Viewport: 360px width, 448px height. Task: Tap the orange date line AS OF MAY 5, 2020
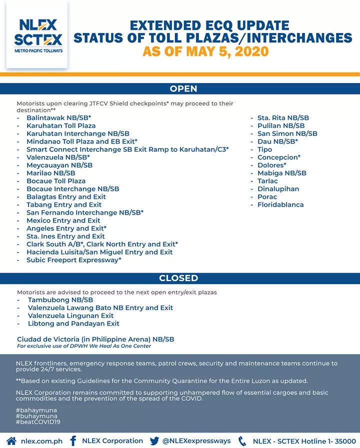(205, 51)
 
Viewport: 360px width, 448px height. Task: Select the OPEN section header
(183, 88)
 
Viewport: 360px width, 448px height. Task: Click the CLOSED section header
(178, 278)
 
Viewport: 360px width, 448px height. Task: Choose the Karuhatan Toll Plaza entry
(60, 126)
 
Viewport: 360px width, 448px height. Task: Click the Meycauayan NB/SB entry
(59, 165)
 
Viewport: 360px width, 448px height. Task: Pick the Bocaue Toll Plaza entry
(55, 181)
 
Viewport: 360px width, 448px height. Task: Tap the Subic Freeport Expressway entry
(73, 260)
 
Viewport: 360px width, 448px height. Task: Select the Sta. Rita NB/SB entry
(283, 118)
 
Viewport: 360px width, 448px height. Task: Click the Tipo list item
(264, 149)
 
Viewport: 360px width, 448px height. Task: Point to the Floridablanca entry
(280, 204)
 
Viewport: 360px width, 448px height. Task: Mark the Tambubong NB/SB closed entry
(60, 300)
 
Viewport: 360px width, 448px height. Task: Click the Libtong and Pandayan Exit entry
(73, 324)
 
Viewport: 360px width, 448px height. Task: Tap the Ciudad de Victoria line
(95, 339)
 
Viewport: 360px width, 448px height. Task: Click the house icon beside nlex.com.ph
(11, 441)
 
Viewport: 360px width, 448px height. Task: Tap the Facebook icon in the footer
(73, 441)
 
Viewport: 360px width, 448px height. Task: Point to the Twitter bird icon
(153, 441)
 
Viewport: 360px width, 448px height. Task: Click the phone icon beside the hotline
(242, 441)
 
